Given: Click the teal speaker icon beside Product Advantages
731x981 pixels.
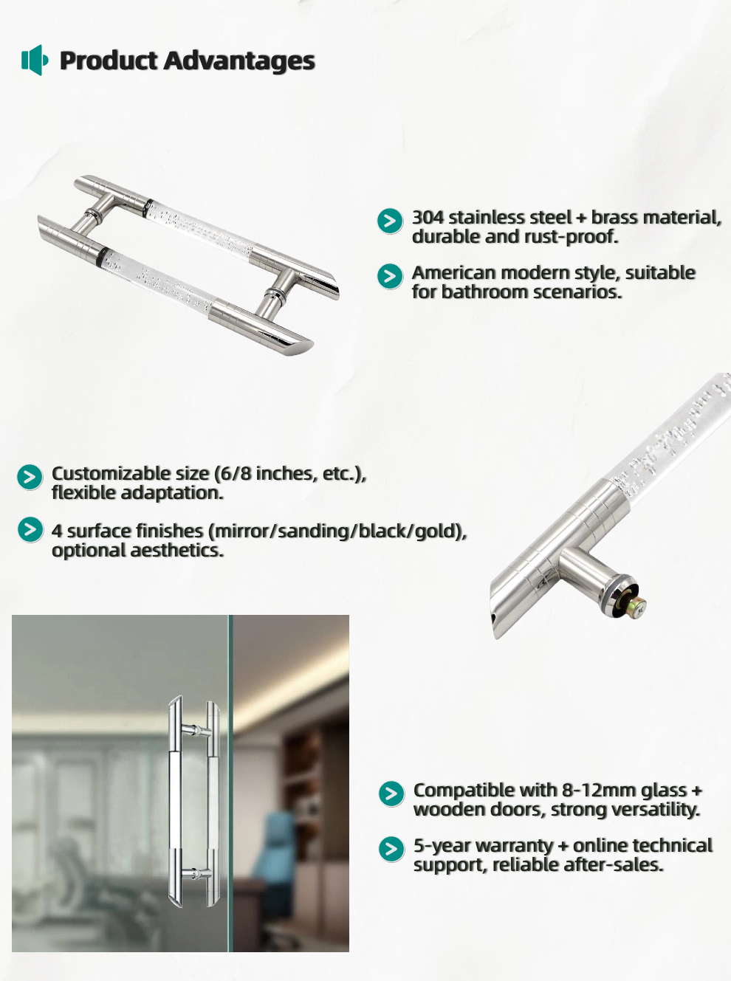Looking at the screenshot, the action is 34,60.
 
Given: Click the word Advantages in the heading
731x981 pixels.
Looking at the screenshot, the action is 239,61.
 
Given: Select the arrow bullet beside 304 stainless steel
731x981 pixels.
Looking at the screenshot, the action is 390,221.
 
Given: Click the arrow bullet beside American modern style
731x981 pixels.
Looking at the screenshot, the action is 390,276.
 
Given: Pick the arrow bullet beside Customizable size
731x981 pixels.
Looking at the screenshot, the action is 30,477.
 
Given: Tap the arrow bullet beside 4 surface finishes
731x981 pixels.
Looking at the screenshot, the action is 30,529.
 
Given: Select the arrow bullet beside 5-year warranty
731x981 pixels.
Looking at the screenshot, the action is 391,849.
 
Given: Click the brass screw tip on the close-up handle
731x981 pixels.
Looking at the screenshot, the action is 639,605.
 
